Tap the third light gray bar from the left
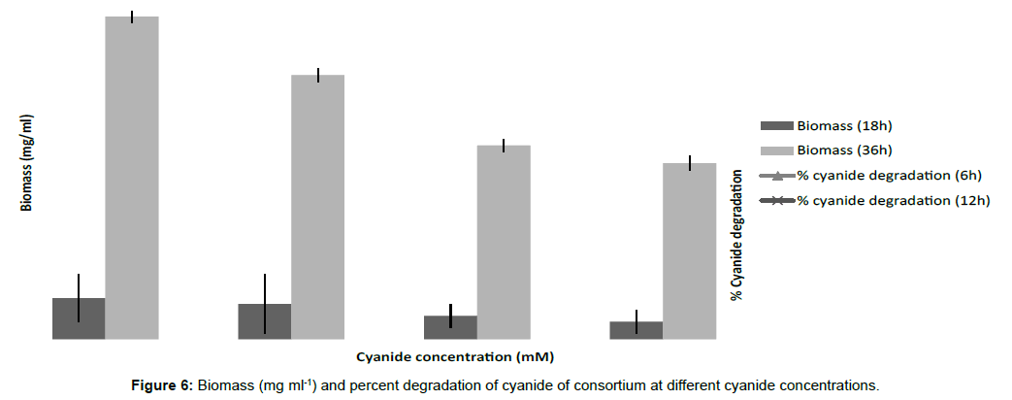pos(504,243)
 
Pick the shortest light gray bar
pos(689,251)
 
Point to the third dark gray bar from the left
pos(450,327)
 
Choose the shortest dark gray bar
pos(636,330)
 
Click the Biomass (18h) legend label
pos(843,125)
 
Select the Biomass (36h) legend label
pos(843,150)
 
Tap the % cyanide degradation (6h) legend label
pos(889,175)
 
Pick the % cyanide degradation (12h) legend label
pos(893,200)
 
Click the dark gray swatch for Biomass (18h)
pos(776,125)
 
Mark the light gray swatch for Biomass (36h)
pos(776,150)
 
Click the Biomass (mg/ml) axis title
pos(27,163)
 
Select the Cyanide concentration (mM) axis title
pos(455,356)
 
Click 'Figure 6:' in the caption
pos(163,384)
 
